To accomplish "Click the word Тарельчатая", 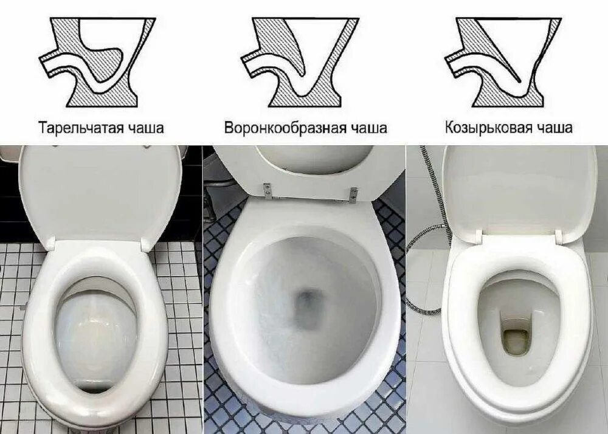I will tap(80, 128).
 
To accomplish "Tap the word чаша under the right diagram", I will tap(554, 128).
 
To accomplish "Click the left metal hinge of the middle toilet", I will tap(267, 190).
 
